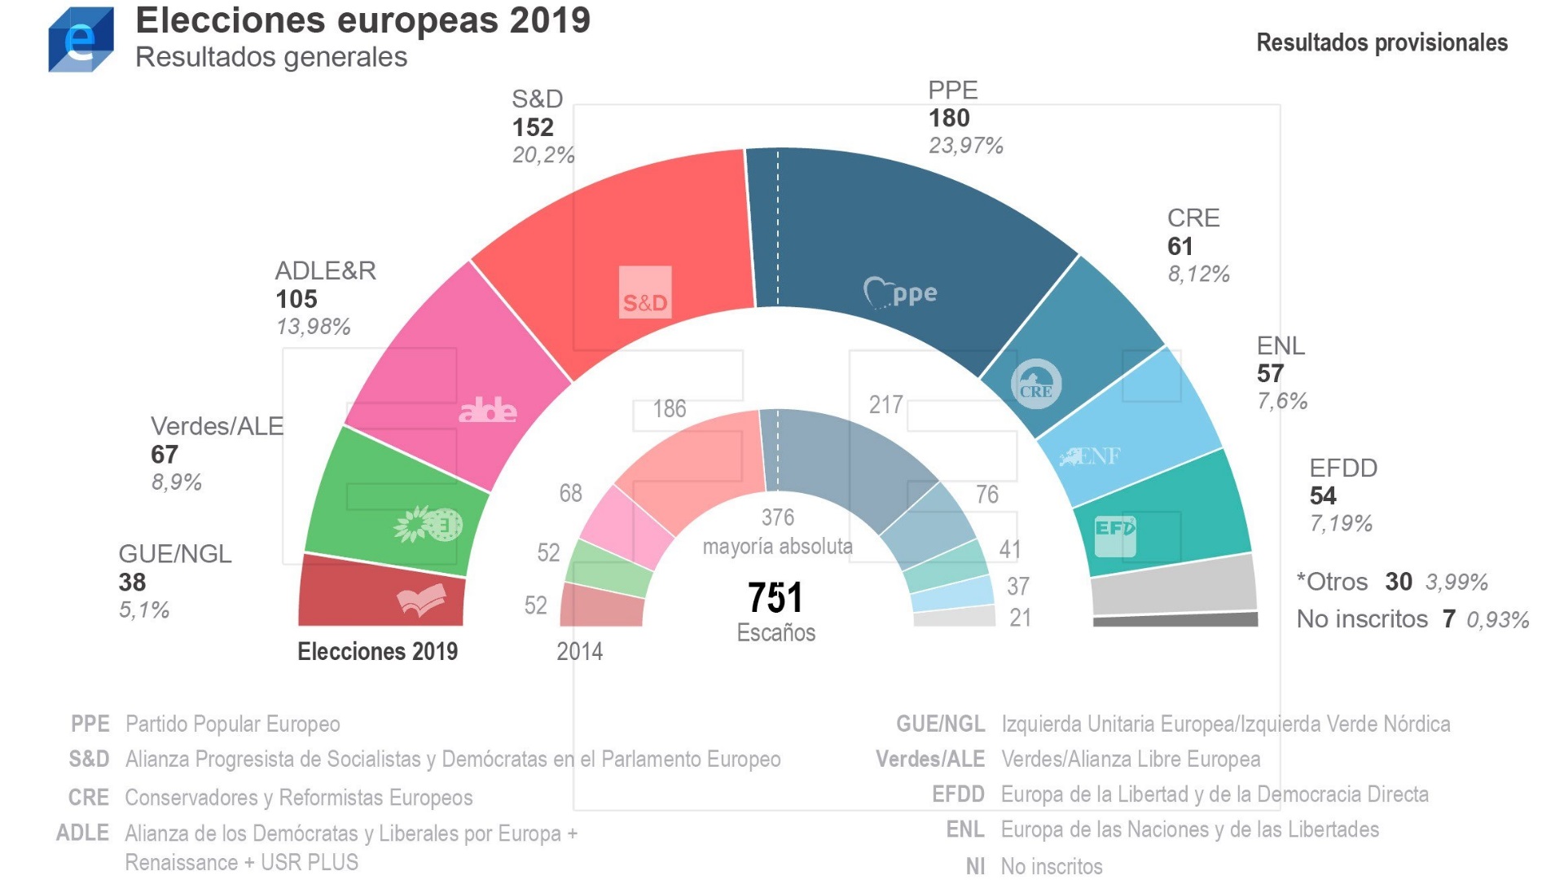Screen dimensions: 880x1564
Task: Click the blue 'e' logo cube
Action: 81,40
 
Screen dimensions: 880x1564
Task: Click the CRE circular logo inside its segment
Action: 1036,384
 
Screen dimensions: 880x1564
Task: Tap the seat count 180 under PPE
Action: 949,118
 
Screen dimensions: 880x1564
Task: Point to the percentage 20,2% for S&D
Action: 543,155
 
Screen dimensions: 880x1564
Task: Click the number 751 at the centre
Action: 775,598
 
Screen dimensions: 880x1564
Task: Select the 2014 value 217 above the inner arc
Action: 886,405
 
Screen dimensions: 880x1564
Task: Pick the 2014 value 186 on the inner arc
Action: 670,409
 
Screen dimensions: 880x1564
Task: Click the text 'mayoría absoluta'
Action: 777,546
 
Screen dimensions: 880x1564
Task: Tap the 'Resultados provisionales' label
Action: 1382,42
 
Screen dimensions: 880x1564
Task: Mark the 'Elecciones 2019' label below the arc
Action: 377,651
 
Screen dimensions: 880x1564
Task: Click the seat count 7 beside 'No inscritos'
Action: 1449,619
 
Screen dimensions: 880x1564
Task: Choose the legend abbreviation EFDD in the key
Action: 958,794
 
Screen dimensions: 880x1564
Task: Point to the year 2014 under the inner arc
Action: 579,652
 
